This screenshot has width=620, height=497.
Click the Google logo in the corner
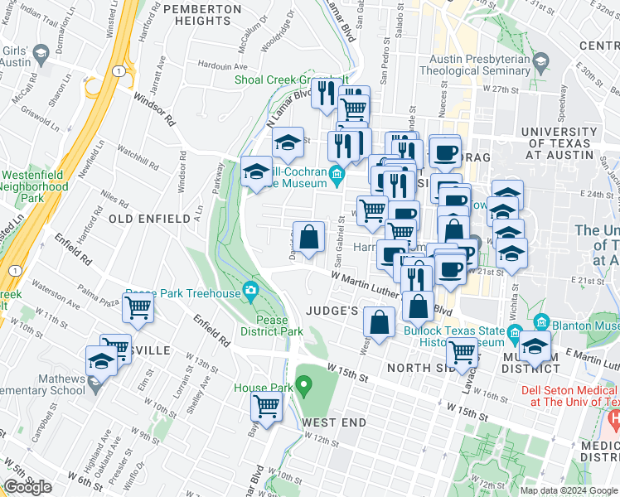[28, 486]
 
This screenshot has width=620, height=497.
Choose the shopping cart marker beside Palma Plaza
[138, 308]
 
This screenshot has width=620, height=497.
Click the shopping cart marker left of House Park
[267, 406]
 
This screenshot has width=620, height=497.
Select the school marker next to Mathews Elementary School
[101, 361]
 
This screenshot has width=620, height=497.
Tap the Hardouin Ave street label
[223, 65]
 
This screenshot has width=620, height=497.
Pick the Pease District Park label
[271, 326]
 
